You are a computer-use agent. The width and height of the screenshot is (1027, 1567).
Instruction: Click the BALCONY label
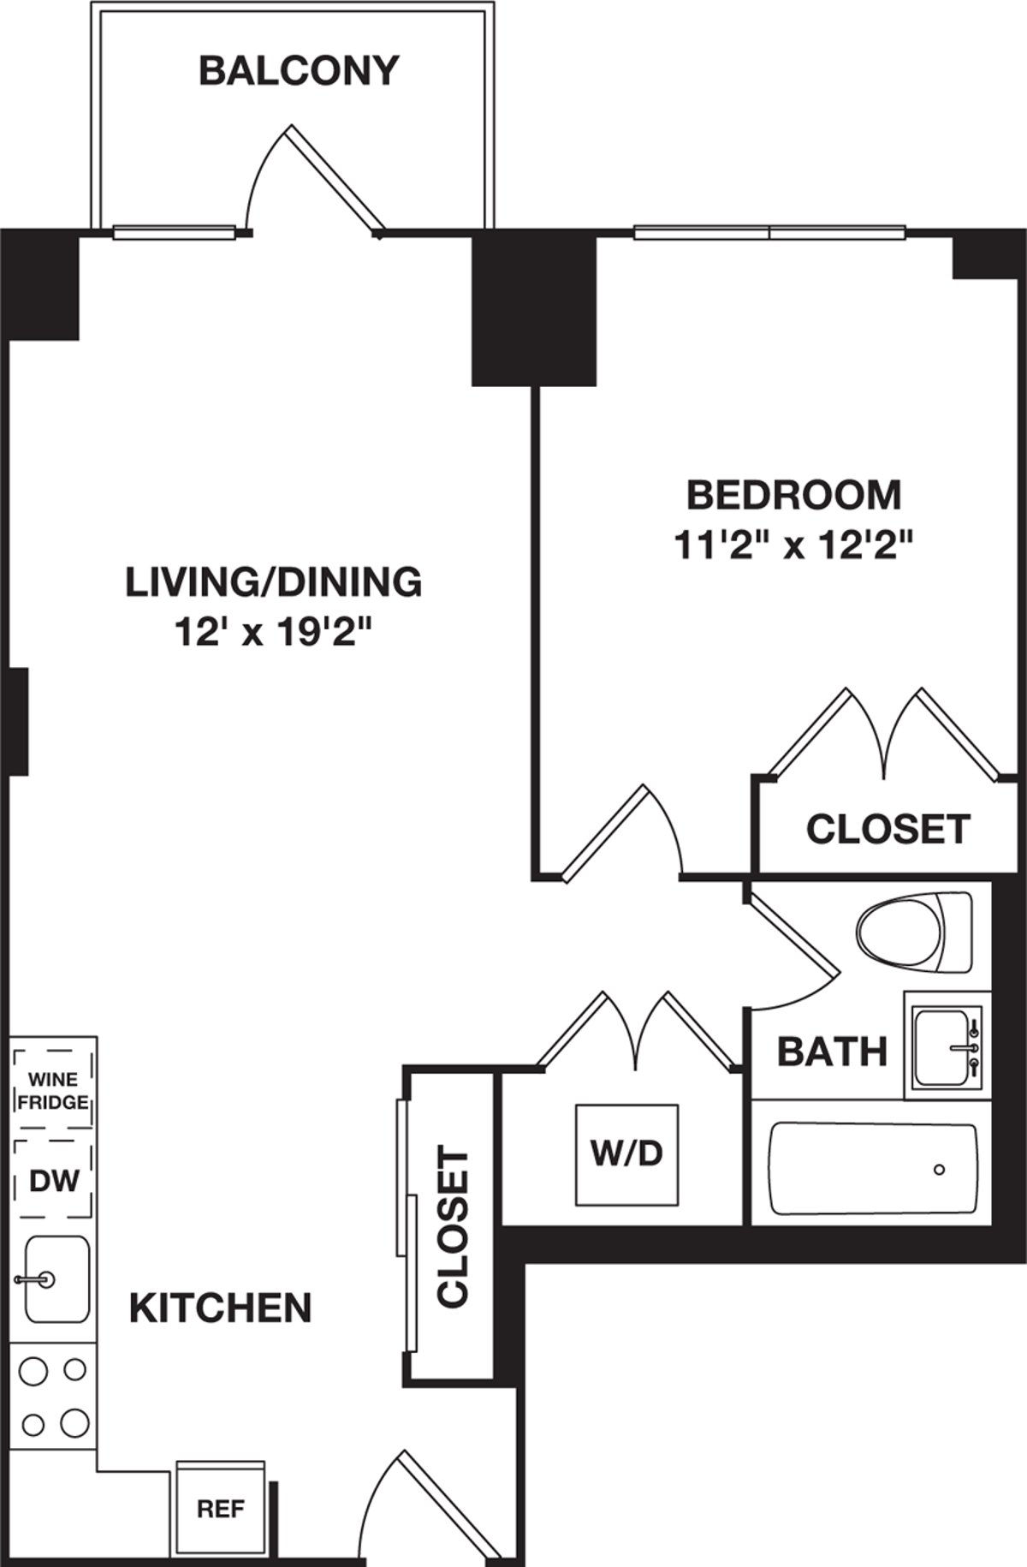[299, 71]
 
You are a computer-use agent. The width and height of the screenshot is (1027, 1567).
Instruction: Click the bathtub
[873, 1170]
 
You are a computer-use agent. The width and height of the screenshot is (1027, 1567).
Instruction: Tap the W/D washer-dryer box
[626, 1154]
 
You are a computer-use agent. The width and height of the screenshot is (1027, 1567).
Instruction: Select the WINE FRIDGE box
[53, 1090]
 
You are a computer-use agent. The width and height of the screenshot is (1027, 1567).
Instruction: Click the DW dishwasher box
[53, 1181]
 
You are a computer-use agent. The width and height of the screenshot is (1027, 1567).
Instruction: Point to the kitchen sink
[56, 1279]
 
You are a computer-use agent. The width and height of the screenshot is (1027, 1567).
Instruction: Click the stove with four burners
[53, 1397]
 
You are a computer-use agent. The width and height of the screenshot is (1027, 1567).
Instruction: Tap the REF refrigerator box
[220, 1509]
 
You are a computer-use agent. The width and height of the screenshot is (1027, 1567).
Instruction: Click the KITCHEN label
[220, 1308]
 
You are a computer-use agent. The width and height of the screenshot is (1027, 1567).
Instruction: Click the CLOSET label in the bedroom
[887, 829]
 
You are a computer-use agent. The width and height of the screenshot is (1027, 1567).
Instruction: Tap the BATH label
[831, 1052]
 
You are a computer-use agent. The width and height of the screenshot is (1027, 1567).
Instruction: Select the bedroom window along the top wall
[769, 232]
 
